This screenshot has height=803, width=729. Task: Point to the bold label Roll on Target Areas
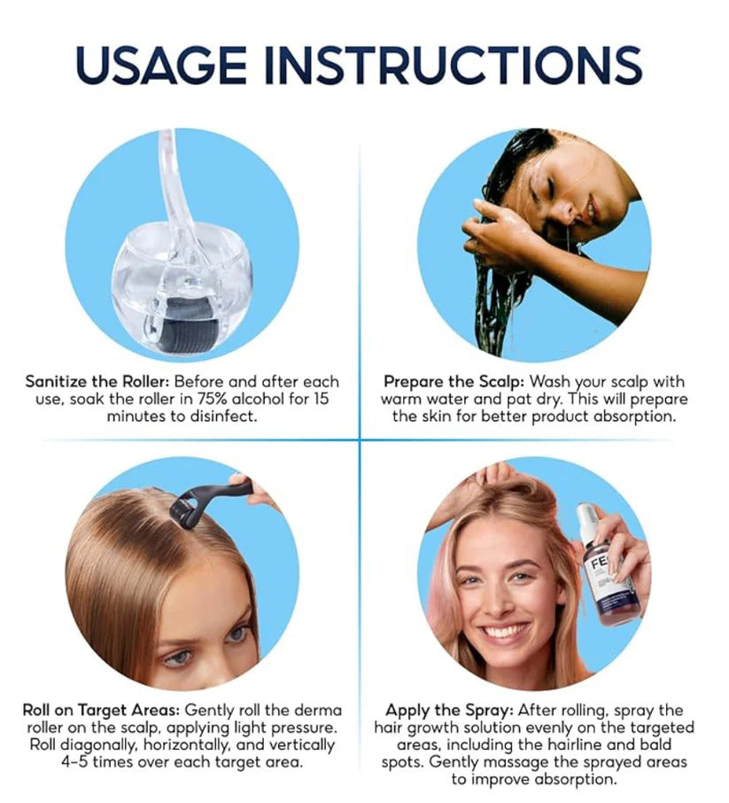[102, 711]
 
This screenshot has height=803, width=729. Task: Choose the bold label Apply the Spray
[447, 711]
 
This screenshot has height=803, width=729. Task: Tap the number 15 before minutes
[320, 399]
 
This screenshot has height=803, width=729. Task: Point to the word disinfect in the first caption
[221, 416]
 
